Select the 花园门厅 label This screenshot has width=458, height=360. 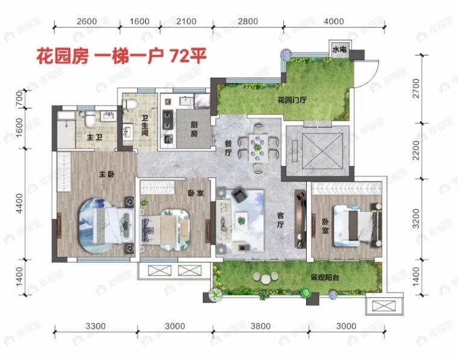(x=293, y=100)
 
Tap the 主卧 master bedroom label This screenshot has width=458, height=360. (x=107, y=174)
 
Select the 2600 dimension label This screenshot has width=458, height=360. (x=87, y=22)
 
